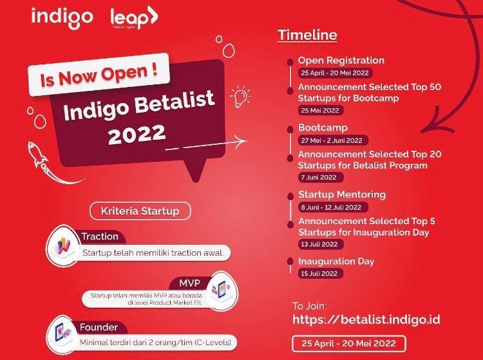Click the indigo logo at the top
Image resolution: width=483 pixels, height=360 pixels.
coord(62,17)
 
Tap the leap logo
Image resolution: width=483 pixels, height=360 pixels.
coord(133,18)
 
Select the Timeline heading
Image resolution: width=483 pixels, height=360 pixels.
coord(307,35)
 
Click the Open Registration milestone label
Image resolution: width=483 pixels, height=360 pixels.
coord(341,60)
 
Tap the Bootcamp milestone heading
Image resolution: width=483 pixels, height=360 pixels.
coord(323,128)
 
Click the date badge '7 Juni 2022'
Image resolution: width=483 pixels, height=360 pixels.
coord(317,177)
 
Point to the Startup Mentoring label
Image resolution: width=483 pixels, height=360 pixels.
coord(342,194)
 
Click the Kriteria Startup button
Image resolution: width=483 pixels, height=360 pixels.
coord(140,211)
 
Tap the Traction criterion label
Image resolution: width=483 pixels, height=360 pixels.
coord(99,236)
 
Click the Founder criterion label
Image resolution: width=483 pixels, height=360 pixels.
coord(99,327)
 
